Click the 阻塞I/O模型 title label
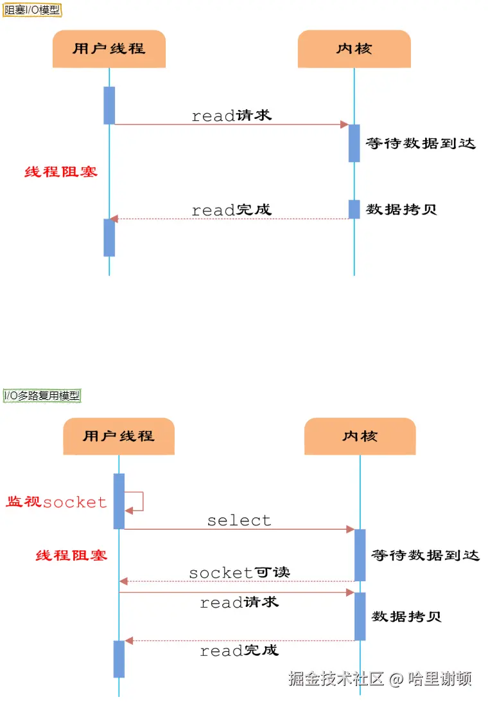coord(32,10)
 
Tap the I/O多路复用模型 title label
coord(42,395)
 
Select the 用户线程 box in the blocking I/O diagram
coord(109,49)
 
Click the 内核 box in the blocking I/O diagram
coord(354,49)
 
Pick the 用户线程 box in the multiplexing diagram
coord(119,436)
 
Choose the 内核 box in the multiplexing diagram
coord(360,436)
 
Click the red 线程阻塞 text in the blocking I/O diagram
coord(61,172)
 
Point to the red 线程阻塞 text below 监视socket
coord(71,555)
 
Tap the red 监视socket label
coord(57,502)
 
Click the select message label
coord(239,520)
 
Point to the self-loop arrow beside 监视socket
coord(136,501)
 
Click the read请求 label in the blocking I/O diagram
coord(231,116)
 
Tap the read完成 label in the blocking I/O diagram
coord(231,210)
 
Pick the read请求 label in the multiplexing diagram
coord(239,602)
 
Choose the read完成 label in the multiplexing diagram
coord(239,651)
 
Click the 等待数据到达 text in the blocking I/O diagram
coord(421,143)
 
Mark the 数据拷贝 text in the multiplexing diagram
coord(406,616)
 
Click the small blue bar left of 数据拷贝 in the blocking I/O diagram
coord(354,209)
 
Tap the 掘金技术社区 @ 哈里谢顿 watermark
coord(379,679)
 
